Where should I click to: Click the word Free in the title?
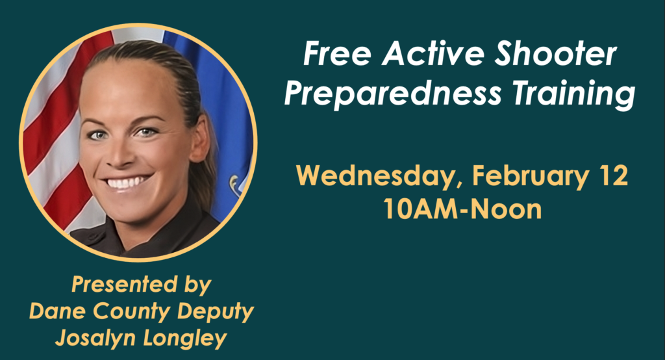337,55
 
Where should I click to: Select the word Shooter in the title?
556,55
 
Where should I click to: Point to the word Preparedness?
392,94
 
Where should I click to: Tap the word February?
530,176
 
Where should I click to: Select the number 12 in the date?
614,175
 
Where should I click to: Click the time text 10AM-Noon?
462,209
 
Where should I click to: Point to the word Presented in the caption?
124,284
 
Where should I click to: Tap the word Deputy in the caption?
216,313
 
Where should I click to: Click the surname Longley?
185,339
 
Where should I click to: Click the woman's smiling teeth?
127,183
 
